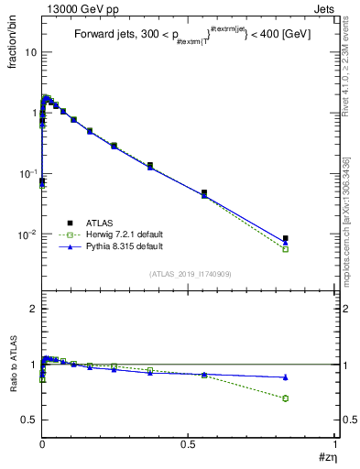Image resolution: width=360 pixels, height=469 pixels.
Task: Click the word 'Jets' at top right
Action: coord(323,8)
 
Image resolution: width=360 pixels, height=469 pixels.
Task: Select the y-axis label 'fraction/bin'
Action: coord(10,49)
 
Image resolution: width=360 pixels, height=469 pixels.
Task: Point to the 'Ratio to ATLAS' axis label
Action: coord(12,387)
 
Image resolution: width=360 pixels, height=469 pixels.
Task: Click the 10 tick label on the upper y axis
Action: coord(30,52)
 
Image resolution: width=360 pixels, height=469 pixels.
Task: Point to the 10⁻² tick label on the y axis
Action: coord(27,234)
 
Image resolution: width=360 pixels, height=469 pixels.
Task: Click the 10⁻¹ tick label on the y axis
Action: coord(27,174)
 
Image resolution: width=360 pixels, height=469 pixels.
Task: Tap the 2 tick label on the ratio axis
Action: coord(32,309)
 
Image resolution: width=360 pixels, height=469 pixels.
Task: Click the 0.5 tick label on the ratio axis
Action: coord(28,420)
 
